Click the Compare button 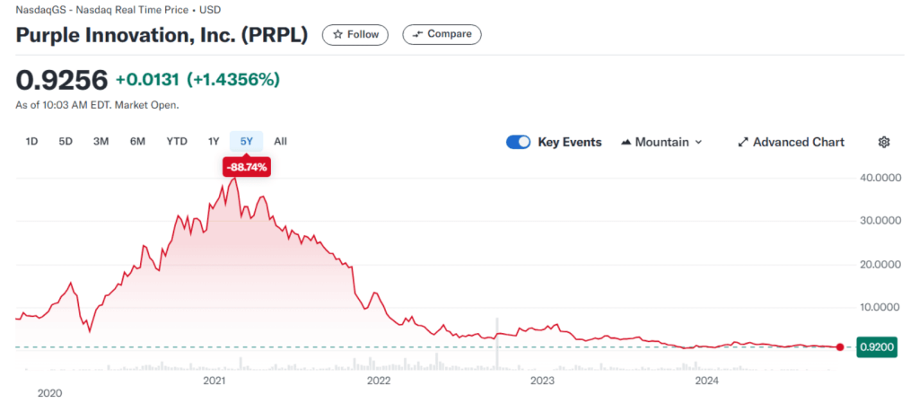click(442, 34)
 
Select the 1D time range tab click(32, 141)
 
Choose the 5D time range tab click(66, 141)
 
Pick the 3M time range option click(101, 141)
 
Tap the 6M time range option click(137, 141)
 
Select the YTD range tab click(177, 141)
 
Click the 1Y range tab click(214, 141)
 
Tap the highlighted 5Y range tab click(246, 141)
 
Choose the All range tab click(281, 141)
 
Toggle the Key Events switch click(519, 142)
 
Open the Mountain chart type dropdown click(661, 142)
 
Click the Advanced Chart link click(791, 142)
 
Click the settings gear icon click(884, 142)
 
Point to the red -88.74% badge click(246, 167)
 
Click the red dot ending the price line click(839, 347)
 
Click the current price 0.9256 click(62, 80)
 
